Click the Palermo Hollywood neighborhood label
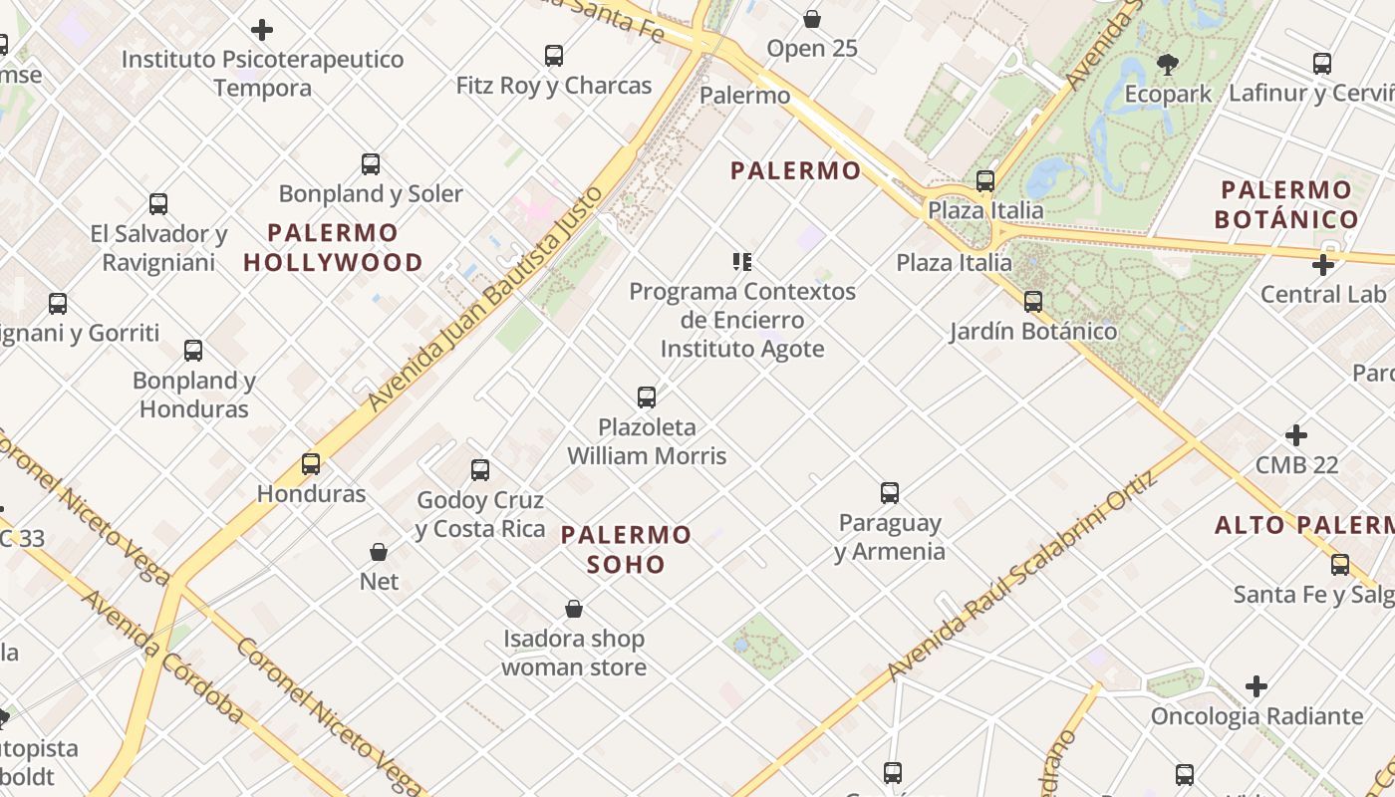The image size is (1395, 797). (x=333, y=247)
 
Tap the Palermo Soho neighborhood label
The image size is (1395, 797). (x=626, y=549)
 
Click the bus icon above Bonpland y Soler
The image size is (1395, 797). (x=371, y=164)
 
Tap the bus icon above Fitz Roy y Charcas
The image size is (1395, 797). (x=554, y=56)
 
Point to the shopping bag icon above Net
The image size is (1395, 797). (x=379, y=552)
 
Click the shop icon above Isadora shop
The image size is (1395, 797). (x=574, y=609)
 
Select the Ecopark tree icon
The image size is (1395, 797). (x=1168, y=66)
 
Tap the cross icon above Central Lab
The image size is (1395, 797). (x=1323, y=265)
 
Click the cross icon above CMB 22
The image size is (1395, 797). (x=1296, y=435)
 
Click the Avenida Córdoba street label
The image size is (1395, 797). (x=163, y=658)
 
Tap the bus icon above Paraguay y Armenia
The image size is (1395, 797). (x=890, y=493)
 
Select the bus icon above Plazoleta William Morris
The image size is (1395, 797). (x=647, y=398)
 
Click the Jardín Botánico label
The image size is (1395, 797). (x=1033, y=331)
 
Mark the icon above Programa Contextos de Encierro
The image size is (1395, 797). (x=741, y=262)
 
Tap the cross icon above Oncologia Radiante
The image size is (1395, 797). (x=1256, y=686)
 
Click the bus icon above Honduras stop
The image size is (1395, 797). (x=311, y=464)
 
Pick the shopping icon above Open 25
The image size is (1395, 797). (x=812, y=19)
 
